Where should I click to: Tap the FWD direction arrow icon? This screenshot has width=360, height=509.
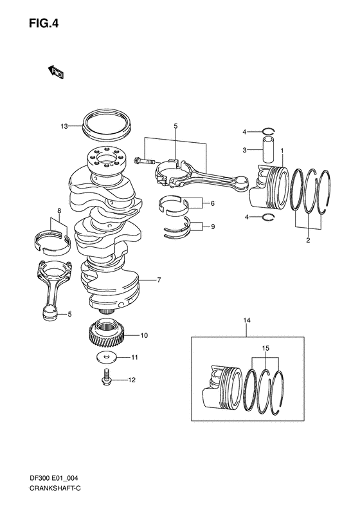tap(55, 72)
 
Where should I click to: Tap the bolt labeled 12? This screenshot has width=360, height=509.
tap(105, 379)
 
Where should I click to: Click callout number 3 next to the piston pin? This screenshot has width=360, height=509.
tap(244, 150)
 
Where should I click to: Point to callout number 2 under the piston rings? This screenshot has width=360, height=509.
tap(308, 239)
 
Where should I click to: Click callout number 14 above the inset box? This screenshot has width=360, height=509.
tap(246, 320)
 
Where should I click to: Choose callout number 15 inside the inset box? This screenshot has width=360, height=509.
tap(264, 347)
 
